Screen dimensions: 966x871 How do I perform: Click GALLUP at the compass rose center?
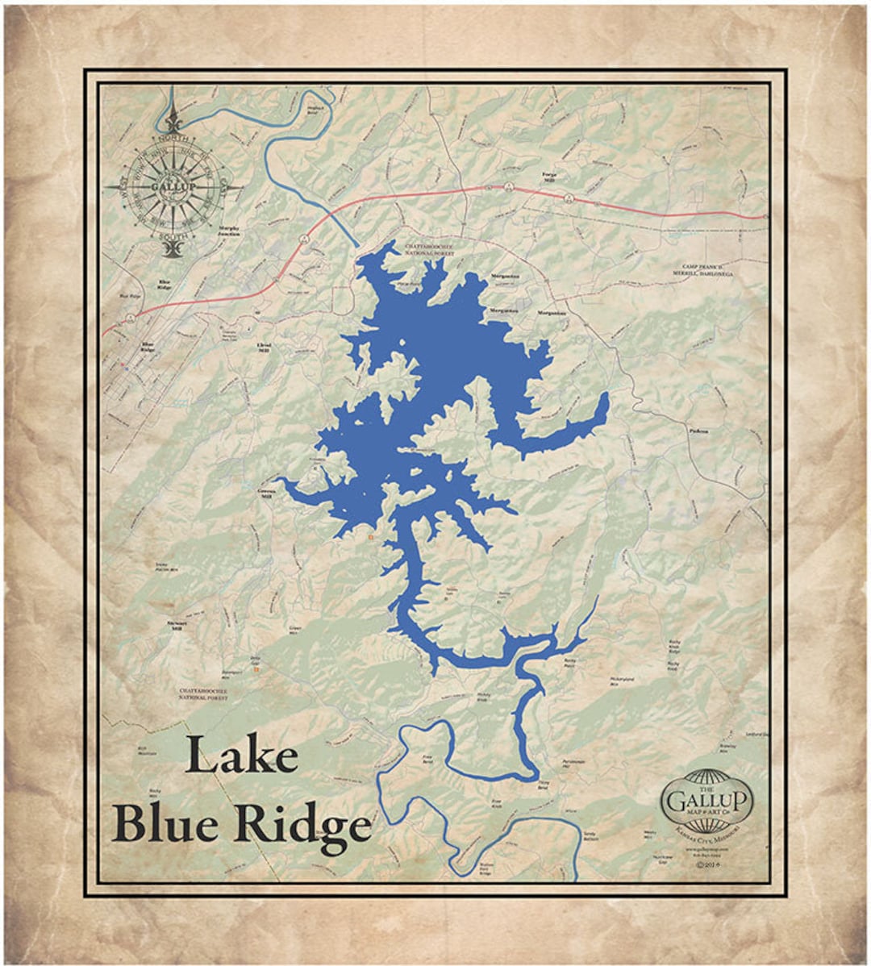pyautogui.click(x=173, y=188)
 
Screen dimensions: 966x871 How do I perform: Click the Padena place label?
pyautogui.click(x=698, y=431)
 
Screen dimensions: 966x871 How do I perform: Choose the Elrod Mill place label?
pyautogui.click(x=263, y=347)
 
